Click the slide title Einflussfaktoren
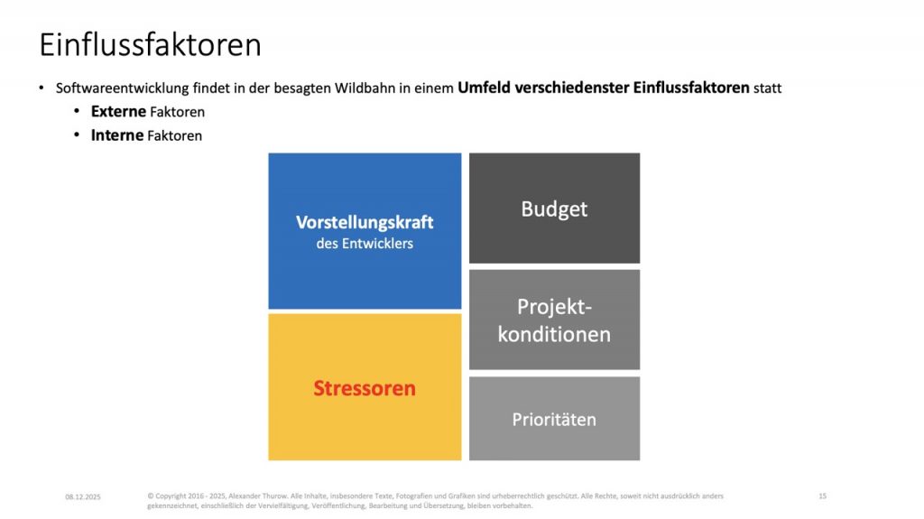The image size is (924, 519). click(x=151, y=45)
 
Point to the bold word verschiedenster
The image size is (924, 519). click(x=571, y=88)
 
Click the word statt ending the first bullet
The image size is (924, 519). click(x=767, y=88)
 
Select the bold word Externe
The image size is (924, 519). click(x=118, y=111)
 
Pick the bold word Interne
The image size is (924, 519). click(x=117, y=135)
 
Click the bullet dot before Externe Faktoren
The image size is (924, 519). click(x=77, y=111)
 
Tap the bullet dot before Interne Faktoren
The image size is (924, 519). click(x=77, y=134)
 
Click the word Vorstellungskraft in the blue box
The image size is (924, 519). click(x=365, y=222)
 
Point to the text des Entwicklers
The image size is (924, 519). click(x=365, y=243)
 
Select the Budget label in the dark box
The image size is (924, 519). click(x=554, y=209)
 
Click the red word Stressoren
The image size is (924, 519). click(x=365, y=388)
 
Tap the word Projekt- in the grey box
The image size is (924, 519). click(x=555, y=307)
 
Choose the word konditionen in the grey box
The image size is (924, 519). click(x=554, y=334)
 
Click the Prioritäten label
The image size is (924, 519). click(x=554, y=420)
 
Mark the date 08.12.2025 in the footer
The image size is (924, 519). click(x=83, y=497)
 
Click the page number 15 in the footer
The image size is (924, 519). click(x=823, y=496)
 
